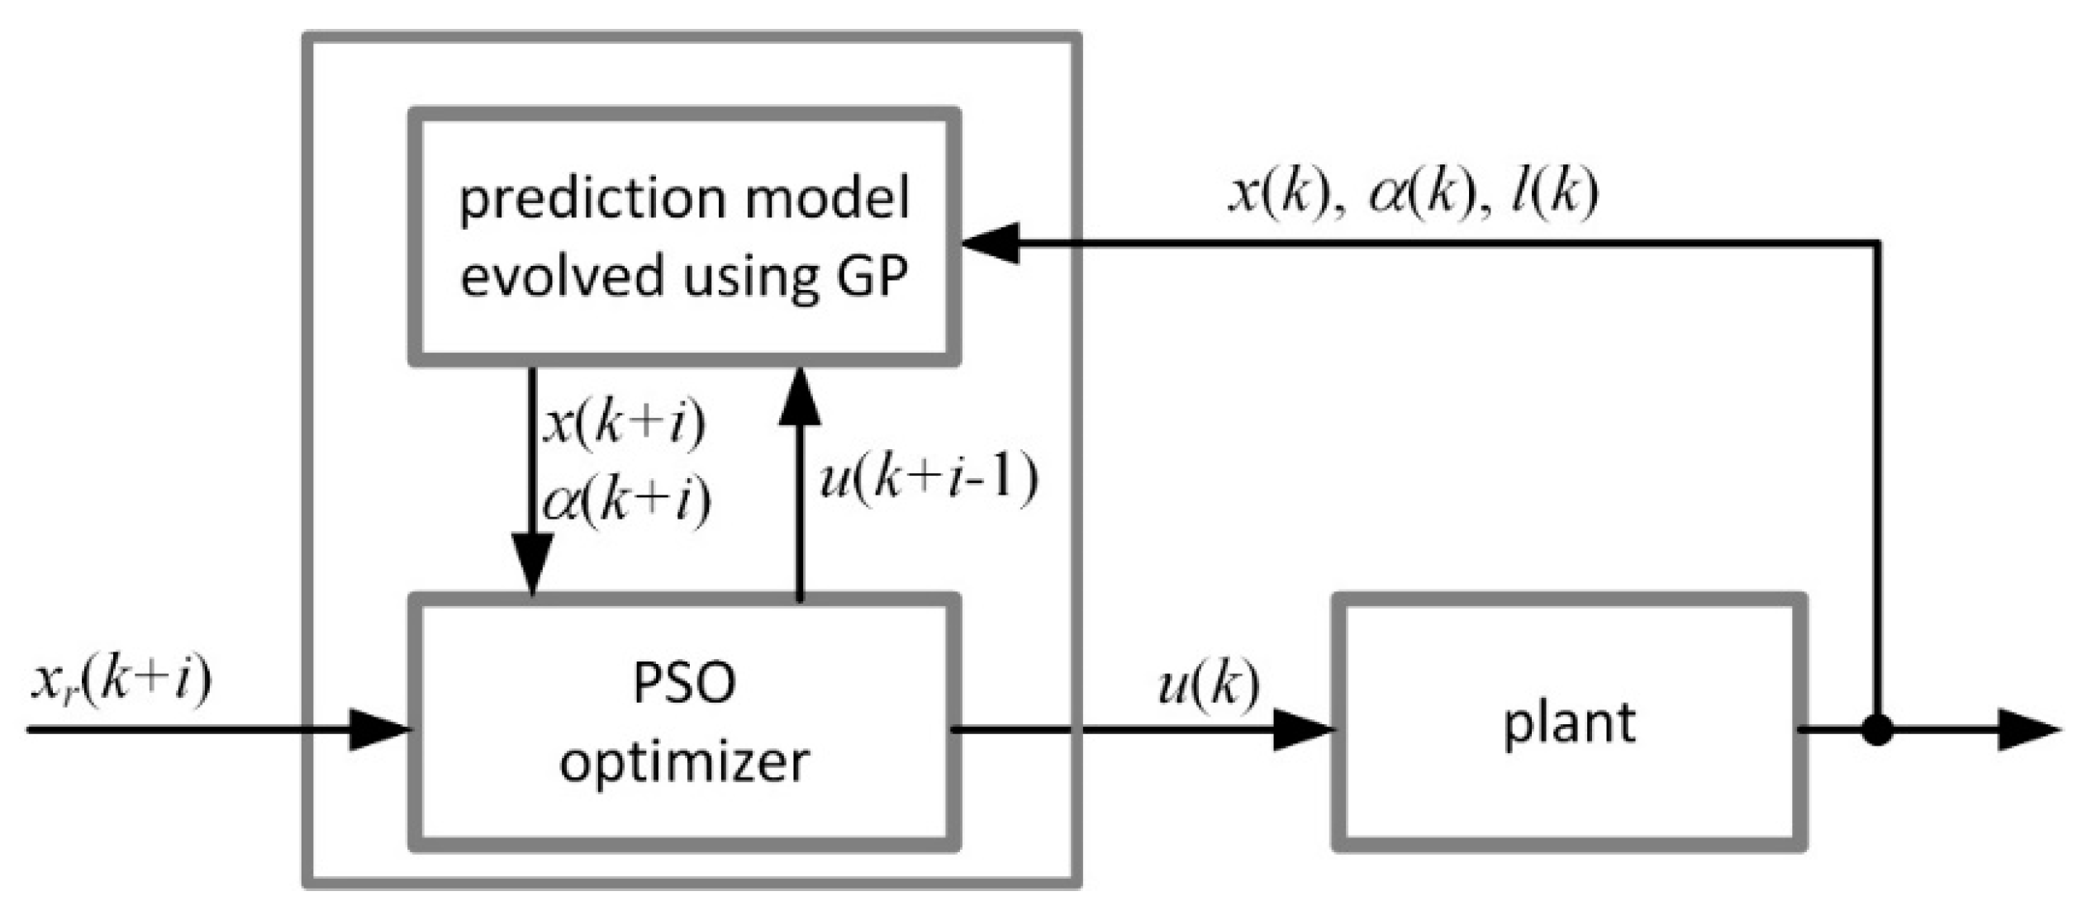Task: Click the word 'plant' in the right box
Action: pyautogui.click(x=1569, y=724)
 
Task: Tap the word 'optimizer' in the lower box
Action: pyautogui.click(x=684, y=761)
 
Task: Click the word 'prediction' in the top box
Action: pyautogui.click(x=592, y=200)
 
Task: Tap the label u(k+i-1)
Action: pyautogui.click(x=929, y=478)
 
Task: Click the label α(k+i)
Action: pyautogui.click(x=626, y=500)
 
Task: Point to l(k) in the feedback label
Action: pyautogui.click(x=1554, y=193)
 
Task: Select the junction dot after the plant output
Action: pyautogui.click(x=1877, y=730)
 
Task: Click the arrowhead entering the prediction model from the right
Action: pyautogui.click(x=990, y=243)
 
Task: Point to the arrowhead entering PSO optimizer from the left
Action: pyautogui.click(x=379, y=730)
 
